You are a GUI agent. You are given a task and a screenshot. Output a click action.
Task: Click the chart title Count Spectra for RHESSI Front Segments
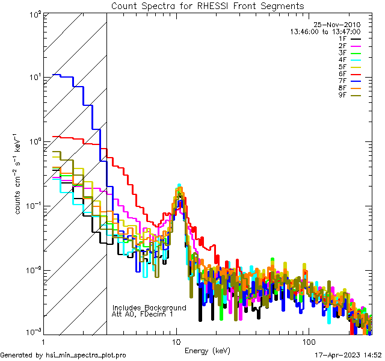(208, 5)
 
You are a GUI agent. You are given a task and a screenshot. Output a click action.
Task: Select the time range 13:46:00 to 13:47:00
(325, 32)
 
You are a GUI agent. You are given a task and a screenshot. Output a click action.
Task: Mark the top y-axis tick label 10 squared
(34, 14)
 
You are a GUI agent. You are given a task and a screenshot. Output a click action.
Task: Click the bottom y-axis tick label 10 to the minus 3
(33, 332)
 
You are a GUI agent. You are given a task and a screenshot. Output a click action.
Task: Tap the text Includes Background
(149, 308)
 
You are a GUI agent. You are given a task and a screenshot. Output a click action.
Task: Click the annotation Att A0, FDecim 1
(143, 314)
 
